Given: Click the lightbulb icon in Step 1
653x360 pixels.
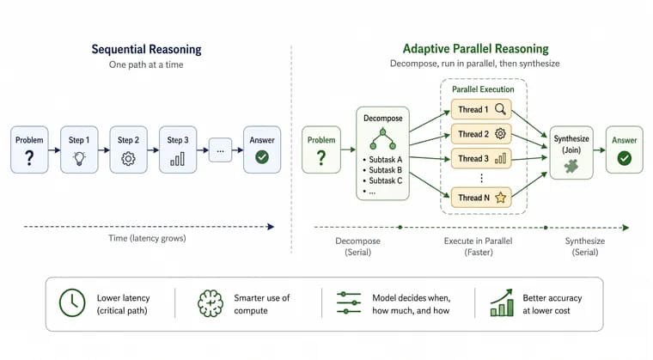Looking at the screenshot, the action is pos(79,158).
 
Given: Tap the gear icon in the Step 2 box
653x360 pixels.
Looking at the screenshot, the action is pos(128,159).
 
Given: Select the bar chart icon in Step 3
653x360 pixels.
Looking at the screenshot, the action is pos(177,159).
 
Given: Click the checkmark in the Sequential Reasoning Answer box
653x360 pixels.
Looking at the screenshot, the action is pos(262,157).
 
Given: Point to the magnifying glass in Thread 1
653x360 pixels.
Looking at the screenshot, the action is pos(501,109).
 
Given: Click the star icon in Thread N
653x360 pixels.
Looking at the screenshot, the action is pos(501,198).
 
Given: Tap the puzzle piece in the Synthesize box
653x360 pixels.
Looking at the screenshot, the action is pos(571,166).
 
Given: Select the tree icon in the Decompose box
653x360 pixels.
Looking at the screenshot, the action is pos(382,139).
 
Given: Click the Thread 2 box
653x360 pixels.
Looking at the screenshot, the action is pos(481,134).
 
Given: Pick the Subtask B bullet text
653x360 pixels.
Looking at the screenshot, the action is pos(382,170).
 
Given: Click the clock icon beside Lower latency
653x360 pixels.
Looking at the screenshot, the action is pos(72,303).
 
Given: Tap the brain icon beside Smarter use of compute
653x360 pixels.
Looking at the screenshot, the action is pos(211,303).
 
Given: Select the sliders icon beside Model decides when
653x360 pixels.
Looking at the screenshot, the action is pos(349,302).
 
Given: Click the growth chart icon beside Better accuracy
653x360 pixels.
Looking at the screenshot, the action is pos(502,302).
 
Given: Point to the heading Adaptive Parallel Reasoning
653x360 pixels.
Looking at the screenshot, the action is pos(476,49).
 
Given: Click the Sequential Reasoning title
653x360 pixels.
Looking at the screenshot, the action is pos(147,49).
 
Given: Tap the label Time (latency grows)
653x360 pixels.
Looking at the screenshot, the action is pos(147,238).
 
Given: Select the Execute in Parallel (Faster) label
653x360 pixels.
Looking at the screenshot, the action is pos(478,247).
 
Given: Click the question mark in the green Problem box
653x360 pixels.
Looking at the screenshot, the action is pos(321,158).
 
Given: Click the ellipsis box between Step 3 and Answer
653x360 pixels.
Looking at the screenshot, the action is pos(220,150).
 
